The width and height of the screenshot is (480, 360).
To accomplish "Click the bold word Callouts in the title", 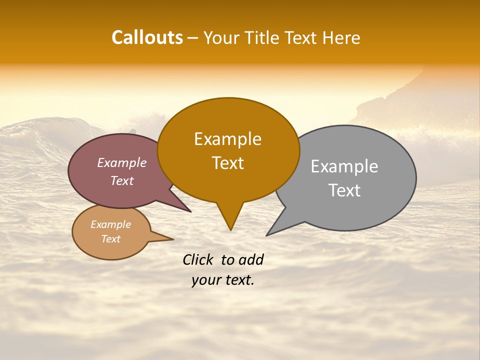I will pyautogui.click(x=147, y=37).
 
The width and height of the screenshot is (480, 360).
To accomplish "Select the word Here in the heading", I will pyautogui.click(x=341, y=37).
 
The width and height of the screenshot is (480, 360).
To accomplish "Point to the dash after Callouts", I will pyautogui.click(x=193, y=38).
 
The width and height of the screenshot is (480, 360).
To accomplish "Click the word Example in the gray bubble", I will pyautogui.click(x=344, y=166).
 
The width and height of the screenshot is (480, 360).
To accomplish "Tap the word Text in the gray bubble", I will pyautogui.click(x=344, y=190).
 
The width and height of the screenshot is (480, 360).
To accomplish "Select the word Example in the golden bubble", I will pyautogui.click(x=227, y=139).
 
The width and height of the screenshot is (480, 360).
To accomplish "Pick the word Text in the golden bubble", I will pyautogui.click(x=227, y=163).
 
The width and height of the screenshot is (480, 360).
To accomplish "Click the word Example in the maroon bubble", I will pyautogui.click(x=122, y=163).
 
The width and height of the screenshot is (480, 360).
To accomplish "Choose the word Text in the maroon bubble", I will pyautogui.click(x=122, y=180).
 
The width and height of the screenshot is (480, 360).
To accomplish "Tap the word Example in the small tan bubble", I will pyautogui.click(x=110, y=224).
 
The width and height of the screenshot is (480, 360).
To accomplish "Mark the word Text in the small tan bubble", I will pyautogui.click(x=110, y=239).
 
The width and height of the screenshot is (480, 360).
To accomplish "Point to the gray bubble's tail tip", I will pyautogui.click(x=267, y=234).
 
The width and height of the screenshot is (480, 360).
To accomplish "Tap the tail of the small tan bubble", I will pyautogui.click(x=171, y=239).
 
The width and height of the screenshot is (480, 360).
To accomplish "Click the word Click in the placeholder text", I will pyautogui.click(x=198, y=259).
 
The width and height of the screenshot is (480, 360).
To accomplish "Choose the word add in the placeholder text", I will pyautogui.click(x=251, y=259).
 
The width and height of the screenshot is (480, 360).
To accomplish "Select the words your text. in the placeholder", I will pyautogui.click(x=222, y=280).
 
